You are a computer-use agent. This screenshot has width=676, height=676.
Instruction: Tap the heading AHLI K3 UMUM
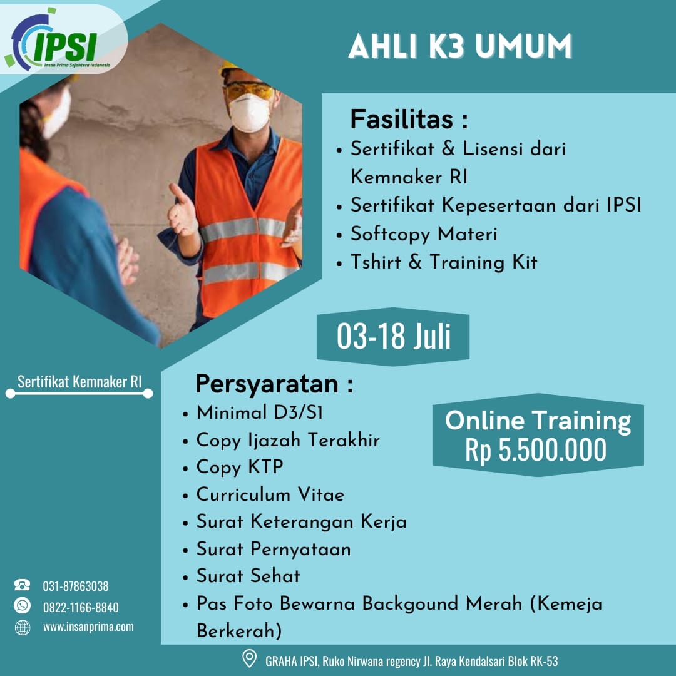(460, 48)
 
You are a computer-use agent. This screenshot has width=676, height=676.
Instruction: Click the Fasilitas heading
(409, 119)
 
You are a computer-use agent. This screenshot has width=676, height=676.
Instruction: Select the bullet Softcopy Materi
(424, 234)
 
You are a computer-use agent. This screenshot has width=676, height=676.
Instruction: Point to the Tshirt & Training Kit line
(443, 262)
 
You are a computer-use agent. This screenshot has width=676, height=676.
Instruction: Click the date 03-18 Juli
(394, 337)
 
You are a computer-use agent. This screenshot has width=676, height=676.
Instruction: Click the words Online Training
(538, 421)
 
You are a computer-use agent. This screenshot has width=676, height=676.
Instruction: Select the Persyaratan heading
(274, 384)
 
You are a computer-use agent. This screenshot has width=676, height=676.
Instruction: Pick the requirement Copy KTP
(240, 468)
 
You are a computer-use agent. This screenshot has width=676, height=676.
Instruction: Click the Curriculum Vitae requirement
(270, 495)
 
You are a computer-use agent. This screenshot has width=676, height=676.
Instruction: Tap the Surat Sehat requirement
(248, 576)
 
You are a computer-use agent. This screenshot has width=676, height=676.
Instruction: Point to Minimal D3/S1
(260, 413)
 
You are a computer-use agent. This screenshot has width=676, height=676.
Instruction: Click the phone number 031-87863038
(76, 586)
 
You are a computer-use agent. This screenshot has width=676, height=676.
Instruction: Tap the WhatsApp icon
(23, 606)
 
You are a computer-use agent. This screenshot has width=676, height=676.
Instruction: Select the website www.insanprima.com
(88, 627)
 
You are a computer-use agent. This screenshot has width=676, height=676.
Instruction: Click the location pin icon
(249, 659)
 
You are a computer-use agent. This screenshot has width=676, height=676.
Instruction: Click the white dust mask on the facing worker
(249, 113)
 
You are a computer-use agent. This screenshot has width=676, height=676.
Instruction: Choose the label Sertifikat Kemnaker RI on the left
(79, 382)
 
